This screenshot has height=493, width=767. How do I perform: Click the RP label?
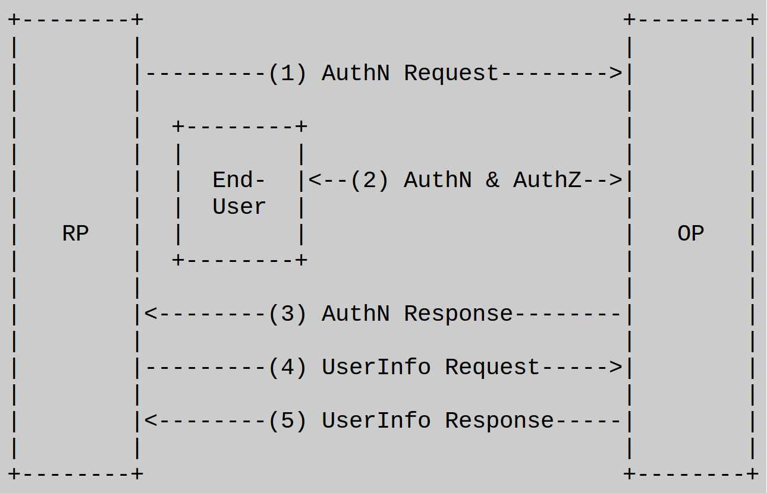click(76, 233)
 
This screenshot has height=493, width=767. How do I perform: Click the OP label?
click(691, 233)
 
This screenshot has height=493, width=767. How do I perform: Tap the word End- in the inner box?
click(238, 180)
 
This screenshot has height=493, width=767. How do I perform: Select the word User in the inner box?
click(239, 207)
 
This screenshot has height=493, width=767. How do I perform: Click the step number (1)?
click(287, 73)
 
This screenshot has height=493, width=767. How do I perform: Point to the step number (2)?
click(369, 180)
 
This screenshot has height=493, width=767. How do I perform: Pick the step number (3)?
click(287, 314)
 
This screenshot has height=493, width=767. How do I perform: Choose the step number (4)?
click(287, 367)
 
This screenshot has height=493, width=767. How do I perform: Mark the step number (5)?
click(287, 421)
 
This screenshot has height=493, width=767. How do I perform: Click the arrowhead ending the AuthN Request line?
click(615, 73)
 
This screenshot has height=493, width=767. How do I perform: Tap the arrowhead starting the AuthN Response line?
click(150, 314)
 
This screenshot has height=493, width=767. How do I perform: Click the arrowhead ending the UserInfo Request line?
click(615, 367)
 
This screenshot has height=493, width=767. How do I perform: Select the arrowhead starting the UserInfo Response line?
click(150, 421)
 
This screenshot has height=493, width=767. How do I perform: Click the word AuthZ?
click(547, 180)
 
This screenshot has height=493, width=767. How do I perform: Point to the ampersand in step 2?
click(492, 180)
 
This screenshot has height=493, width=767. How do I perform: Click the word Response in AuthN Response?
click(458, 314)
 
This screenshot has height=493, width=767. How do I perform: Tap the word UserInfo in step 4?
click(376, 367)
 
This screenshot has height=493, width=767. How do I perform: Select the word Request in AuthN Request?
click(451, 74)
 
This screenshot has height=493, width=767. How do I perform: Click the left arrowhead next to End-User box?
click(315, 180)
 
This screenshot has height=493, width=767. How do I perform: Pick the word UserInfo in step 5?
click(376, 421)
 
